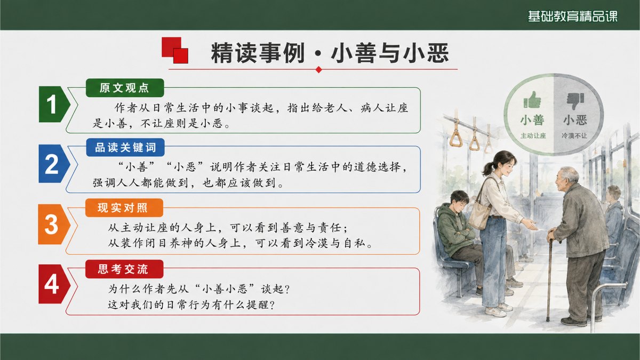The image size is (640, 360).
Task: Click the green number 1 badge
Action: click(54, 105)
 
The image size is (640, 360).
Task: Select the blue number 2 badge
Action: click(54, 164)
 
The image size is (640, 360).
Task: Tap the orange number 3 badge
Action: click(54, 225)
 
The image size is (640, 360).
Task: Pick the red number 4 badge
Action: click(54, 284)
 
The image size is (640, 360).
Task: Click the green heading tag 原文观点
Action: click(125, 87)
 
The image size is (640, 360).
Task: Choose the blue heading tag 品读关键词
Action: click(125, 147)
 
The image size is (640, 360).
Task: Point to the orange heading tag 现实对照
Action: click(124, 207)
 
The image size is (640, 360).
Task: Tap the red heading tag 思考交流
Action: click(124, 269)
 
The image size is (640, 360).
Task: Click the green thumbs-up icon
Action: click(532, 100)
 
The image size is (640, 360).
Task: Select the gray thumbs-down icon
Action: click(575, 101)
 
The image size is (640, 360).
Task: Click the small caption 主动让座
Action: click(533, 135)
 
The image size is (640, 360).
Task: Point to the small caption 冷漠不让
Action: click(574, 135)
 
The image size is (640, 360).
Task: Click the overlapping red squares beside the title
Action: click(175, 50)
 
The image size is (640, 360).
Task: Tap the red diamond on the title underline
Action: click(319, 69)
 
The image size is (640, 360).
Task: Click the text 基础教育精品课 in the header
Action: click(573, 16)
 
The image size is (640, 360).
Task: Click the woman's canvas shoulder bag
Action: click(480, 213)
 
